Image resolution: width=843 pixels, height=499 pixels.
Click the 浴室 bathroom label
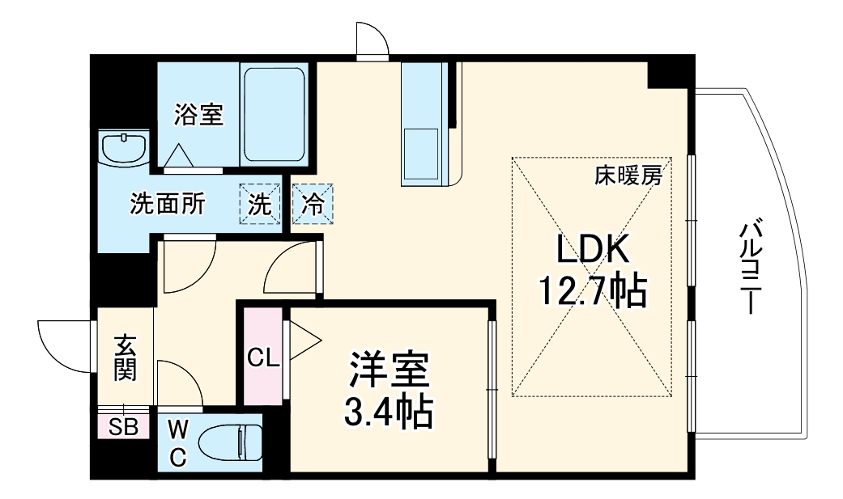198,115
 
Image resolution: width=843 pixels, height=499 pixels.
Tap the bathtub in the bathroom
274,115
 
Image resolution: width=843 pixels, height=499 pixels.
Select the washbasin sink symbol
124,149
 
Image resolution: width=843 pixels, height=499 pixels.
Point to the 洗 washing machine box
258,204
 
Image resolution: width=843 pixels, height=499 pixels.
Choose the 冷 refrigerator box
312,204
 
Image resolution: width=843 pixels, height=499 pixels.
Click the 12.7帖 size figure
593,290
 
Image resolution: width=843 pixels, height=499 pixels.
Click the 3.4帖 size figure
390,412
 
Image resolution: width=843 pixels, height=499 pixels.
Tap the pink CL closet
262,357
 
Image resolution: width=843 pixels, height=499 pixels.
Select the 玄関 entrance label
125,357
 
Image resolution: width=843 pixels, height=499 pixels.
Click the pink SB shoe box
124,425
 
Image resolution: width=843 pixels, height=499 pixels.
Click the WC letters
177,442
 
